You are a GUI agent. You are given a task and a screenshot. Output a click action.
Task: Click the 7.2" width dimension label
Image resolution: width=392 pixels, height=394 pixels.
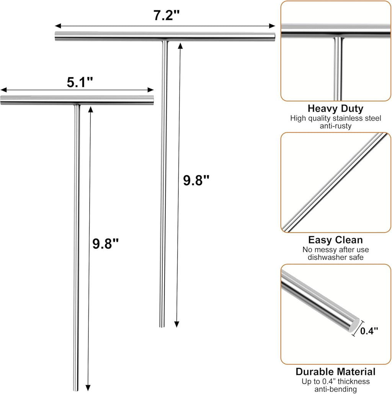tap(167, 15)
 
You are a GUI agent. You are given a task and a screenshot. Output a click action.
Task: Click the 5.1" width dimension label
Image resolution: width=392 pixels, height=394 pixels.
tap(80, 82)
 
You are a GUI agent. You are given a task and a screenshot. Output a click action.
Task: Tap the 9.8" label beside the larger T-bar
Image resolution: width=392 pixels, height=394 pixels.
tap(196, 180)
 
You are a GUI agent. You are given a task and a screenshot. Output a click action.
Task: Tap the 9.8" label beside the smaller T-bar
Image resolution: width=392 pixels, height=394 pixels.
tap(105, 244)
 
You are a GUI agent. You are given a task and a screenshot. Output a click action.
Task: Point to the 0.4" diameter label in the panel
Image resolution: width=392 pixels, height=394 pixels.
tap(369, 331)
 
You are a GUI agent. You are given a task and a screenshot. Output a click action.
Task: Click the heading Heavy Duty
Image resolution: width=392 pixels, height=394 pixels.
tap(335, 109)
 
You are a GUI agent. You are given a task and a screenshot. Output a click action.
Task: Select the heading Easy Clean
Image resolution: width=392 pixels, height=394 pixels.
tap(335, 240)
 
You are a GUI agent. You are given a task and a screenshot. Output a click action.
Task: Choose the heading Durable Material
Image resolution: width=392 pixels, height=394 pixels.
tap(335, 372)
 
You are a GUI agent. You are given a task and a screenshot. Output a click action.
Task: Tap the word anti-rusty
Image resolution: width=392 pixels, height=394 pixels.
tap(335, 126)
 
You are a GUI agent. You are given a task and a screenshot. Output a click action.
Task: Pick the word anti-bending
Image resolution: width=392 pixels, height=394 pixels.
tap(335, 389)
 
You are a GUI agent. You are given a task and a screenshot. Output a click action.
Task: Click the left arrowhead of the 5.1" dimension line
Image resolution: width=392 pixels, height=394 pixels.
tap(4, 90)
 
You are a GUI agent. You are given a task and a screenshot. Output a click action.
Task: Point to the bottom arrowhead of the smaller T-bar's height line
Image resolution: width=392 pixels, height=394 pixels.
tap(88, 388)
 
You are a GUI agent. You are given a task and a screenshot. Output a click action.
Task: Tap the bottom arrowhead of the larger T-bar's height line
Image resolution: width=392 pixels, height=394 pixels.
tap(176, 324)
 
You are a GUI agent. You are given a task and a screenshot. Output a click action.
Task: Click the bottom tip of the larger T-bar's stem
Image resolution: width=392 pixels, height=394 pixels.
tap(162, 327)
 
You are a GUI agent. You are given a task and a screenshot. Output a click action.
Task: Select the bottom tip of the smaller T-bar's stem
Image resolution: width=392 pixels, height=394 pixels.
tap(76, 390)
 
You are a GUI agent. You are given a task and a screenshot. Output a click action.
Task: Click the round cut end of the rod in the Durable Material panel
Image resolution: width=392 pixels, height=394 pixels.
tap(354, 325)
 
